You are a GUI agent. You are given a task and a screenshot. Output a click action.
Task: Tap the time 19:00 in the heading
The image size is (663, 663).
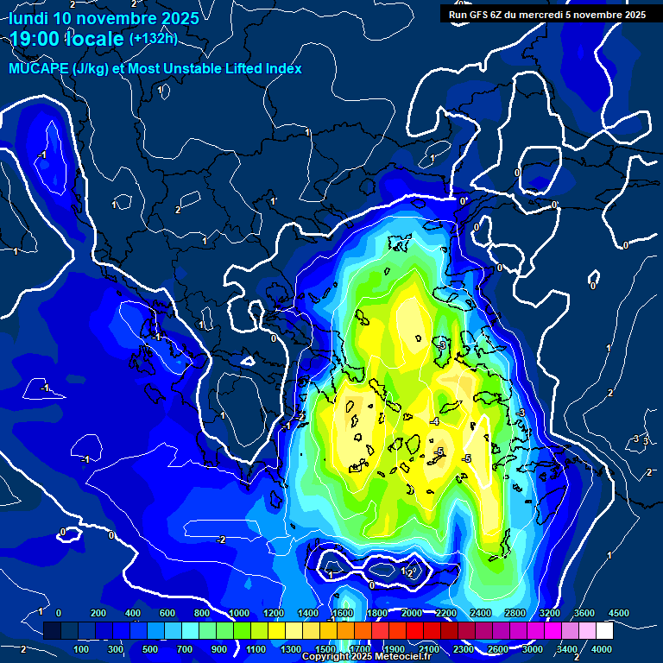[38, 39]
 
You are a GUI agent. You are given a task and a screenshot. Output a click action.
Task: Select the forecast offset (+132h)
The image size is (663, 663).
[153, 38]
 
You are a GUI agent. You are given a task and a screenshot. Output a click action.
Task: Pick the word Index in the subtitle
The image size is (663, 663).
[283, 69]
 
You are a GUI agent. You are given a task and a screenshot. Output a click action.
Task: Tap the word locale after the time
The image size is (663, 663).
[97, 39]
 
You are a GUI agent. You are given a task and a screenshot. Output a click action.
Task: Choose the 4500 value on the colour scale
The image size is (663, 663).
[619, 612]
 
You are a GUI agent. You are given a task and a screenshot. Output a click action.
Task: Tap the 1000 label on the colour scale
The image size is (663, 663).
[237, 612]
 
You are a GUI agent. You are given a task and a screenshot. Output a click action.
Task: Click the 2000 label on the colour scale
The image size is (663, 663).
[412, 612]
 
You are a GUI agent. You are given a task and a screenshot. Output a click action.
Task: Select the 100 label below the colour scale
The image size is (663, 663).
[81, 648]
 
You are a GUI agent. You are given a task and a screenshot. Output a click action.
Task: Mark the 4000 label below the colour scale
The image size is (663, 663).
[602, 648]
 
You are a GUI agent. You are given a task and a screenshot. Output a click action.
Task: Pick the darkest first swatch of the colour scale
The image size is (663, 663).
[52, 631]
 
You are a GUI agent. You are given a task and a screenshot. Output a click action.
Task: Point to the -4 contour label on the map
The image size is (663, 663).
[434, 421]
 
